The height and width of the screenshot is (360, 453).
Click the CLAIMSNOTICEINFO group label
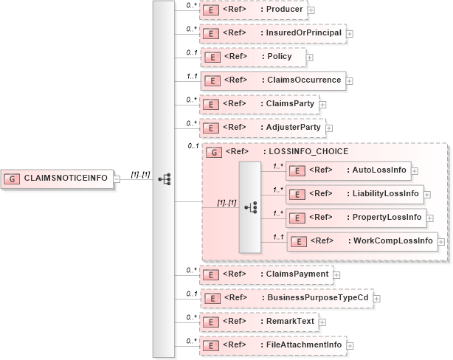tap(66, 178)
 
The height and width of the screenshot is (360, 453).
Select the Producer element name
tap(283, 10)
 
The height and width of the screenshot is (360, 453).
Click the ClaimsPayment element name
tap(294, 274)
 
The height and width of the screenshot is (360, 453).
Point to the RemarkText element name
tap(288, 321)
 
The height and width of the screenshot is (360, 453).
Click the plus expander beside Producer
tap(311, 10)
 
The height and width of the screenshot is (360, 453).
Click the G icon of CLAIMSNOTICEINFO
tap(14, 178)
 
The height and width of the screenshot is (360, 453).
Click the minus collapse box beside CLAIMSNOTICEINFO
tap(117, 178)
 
